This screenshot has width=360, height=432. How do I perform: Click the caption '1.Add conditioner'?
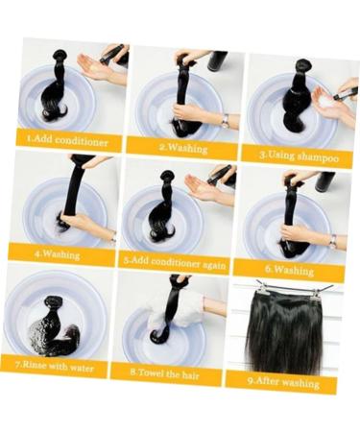(x=68, y=141)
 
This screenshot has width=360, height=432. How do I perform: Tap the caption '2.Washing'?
(x=181, y=149)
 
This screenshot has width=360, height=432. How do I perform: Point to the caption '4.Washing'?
(x=59, y=255)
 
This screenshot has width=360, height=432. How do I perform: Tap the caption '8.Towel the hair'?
(x=165, y=371)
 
